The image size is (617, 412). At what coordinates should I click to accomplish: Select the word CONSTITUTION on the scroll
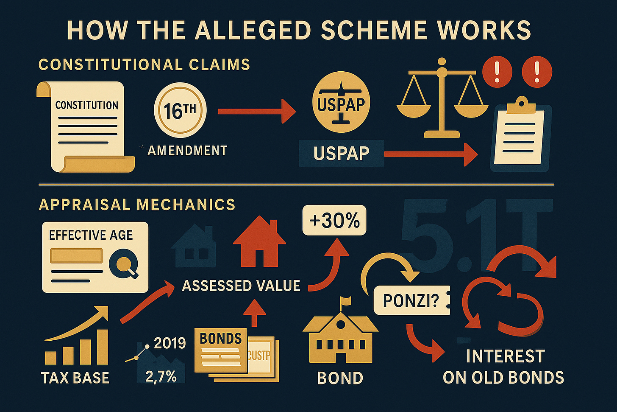[x=86, y=105]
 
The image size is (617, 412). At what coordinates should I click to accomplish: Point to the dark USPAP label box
[x=341, y=153]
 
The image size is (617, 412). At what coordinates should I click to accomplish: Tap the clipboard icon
[x=520, y=134]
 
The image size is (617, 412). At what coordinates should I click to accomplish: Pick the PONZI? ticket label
[x=411, y=300]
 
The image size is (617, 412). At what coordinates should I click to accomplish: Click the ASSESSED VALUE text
[x=241, y=286]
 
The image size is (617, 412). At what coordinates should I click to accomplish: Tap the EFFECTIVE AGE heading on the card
[x=91, y=235]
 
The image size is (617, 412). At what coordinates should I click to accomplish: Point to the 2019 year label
[x=170, y=343]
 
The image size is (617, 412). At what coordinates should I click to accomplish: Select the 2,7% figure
[x=161, y=376]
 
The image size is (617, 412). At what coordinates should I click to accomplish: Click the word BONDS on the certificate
[x=220, y=338]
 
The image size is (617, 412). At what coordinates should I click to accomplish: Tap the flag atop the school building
[x=346, y=302]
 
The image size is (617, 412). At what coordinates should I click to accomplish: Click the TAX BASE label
[x=75, y=378]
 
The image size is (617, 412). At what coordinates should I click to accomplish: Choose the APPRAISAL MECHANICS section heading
[x=137, y=205]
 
